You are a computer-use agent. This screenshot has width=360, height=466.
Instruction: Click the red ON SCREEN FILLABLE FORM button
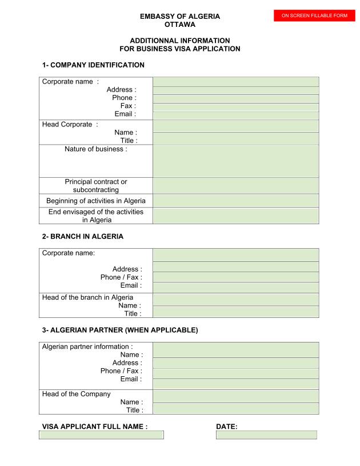pyautogui.click(x=314, y=15)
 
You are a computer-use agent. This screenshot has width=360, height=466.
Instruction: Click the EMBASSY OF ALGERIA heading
pyautogui.click(x=180, y=17)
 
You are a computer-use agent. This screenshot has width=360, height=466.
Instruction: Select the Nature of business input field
pyautogui.click(x=235, y=161)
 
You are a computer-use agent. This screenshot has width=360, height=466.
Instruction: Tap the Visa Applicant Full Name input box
pyautogui.click(x=101, y=435)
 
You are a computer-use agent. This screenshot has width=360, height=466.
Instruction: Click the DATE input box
pyautogui.click(x=266, y=435)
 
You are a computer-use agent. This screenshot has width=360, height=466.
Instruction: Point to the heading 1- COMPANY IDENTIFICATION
pyautogui.click(x=93, y=65)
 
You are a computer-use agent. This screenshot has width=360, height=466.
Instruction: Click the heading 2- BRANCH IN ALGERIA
pyautogui.click(x=83, y=236)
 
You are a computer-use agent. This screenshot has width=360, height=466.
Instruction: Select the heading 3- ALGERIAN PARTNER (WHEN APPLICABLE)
pyautogui.click(x=120, y=330)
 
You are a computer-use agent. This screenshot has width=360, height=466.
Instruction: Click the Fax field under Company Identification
pyautogui.click(x=235, y=107)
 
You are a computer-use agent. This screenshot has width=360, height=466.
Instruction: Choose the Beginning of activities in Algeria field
pyautogui.click(x=235, y=201)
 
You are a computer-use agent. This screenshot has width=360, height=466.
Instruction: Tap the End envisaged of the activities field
pyautogui.click(x=235, y=216)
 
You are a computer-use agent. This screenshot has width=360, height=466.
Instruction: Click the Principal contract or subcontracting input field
pyautogui.click(x=235, y=185)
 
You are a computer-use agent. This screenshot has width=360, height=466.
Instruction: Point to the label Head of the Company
pyautogui.click(x=77, y=394)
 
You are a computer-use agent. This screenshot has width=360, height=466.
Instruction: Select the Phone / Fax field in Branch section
pyautogui.click(x=235, y=277)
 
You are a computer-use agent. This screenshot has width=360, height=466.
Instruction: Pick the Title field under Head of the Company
pyautogui.click(x=235, y=409)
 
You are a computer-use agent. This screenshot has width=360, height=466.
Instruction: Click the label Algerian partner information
pyautogui.click(x=87, y=346)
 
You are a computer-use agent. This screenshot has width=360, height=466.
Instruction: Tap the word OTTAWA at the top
pyautogui.click(x=180, y=25)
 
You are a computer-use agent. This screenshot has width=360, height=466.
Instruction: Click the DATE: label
pyautogui.click(x=227, y=427)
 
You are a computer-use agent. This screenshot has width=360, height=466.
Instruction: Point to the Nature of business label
pyautogui.click(x=96, y=149)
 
